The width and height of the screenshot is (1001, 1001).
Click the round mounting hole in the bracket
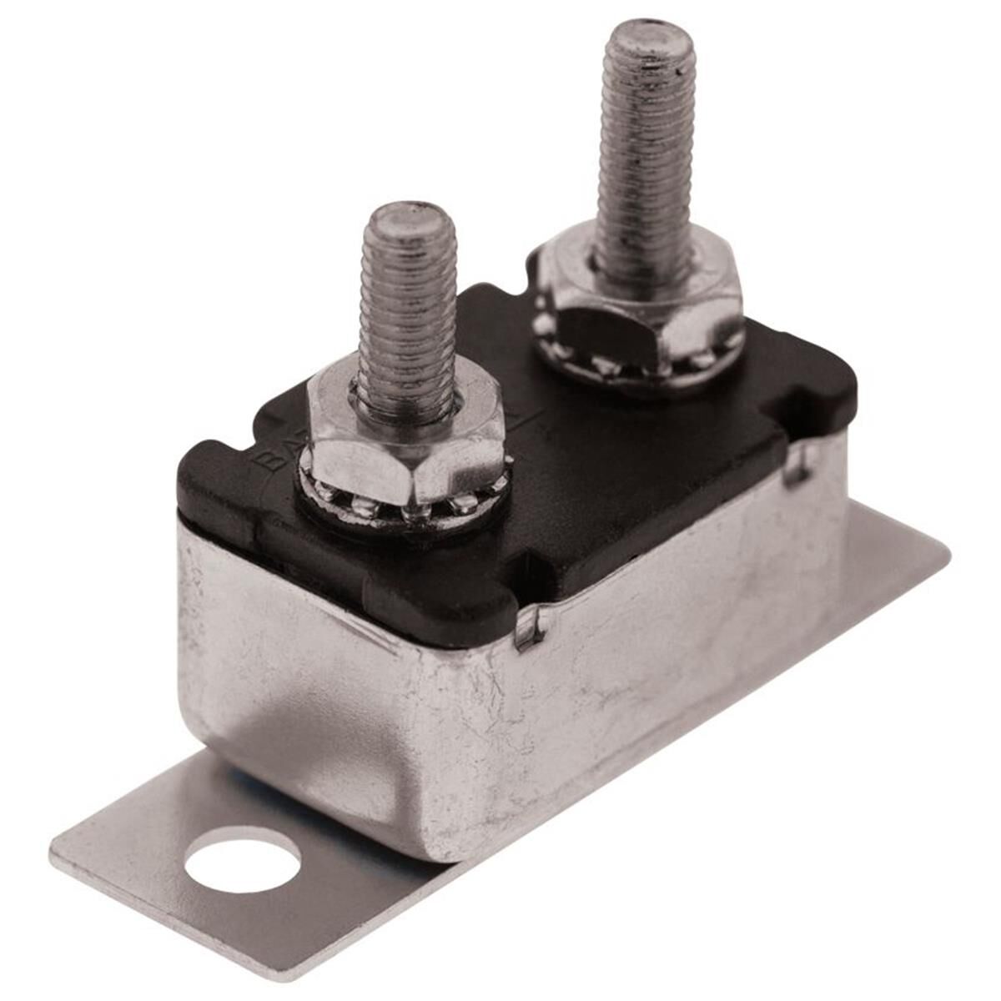(242, 858)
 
